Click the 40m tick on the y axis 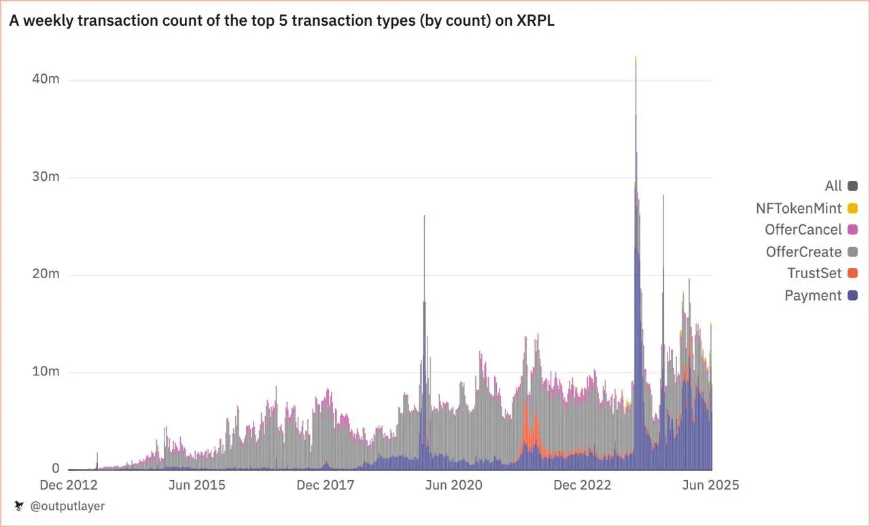tap(46, 79)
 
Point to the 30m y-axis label tap(46, 177)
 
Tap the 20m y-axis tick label tap(46, 274)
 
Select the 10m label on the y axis tap(46, 372)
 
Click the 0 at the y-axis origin tap(56, 469)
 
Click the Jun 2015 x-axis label tap(196, 485)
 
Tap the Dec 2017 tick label tap(326, 485)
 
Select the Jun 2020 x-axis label tap(453, 485)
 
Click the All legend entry tap(833, 186)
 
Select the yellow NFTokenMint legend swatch tap(852, 208)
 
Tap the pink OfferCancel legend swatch tap(852, 230)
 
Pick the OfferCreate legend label tap(803, 252)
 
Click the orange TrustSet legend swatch tap(852, 273)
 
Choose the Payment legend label tap(813, 295)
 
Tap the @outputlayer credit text tap(67, 506)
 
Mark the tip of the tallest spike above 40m tap(636, 57)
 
